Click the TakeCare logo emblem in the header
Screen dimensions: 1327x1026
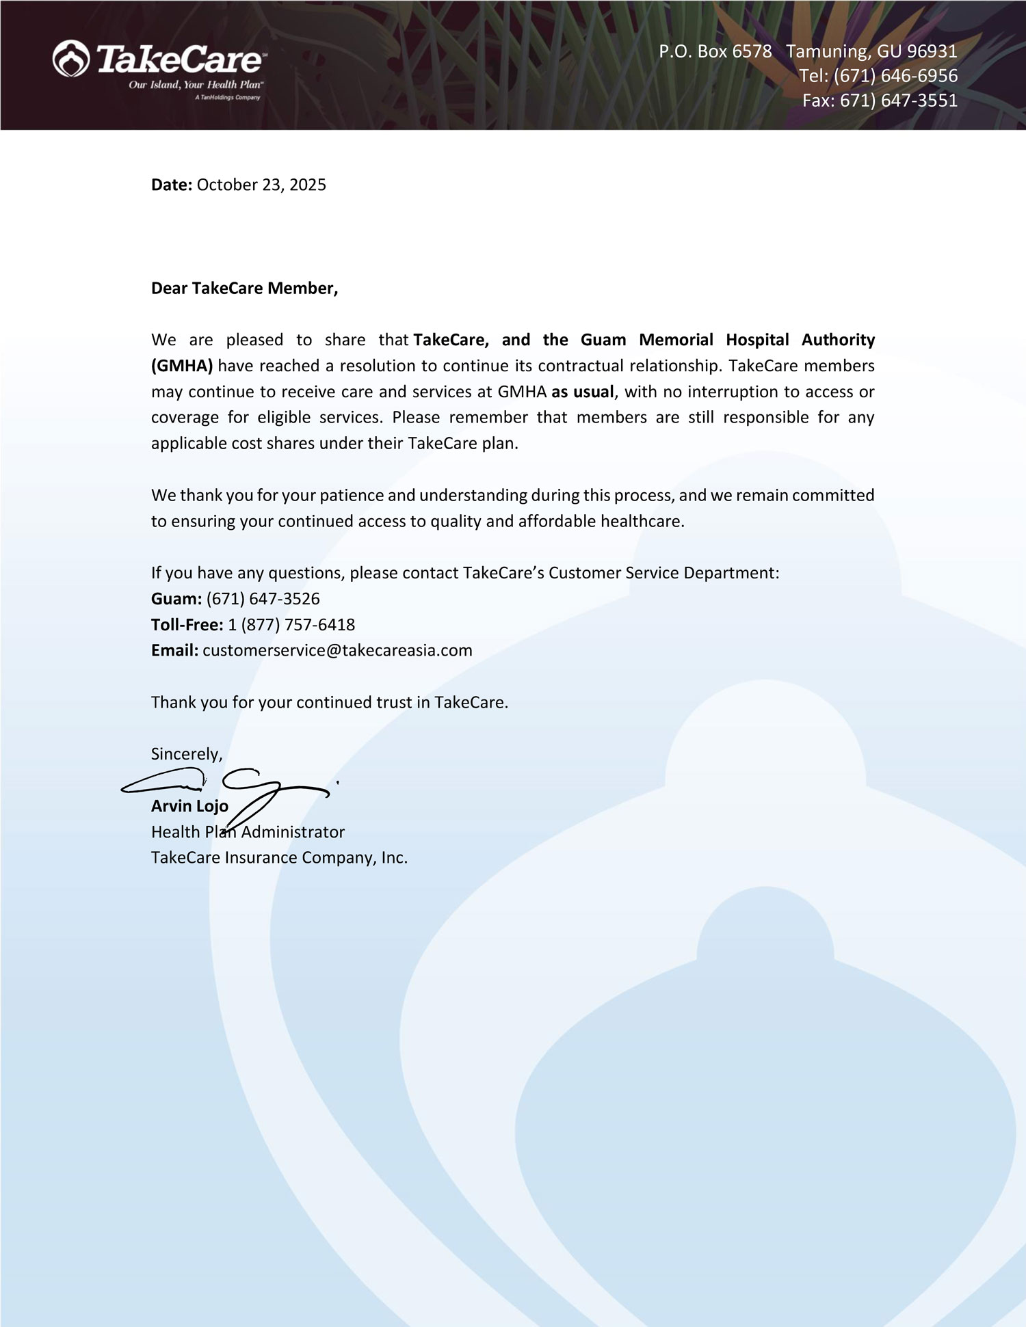(71, 58)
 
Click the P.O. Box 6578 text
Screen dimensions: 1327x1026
(715, 51)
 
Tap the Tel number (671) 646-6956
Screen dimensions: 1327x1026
(895, 76)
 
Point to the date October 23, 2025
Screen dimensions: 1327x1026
(261, 185)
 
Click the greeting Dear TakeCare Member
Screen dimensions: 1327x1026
(244, 288)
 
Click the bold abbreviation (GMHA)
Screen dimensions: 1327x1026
(182, 366)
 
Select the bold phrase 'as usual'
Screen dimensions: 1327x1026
(583, 392)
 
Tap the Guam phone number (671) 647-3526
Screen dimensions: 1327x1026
(263, 599)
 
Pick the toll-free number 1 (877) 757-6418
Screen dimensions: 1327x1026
(291, 625)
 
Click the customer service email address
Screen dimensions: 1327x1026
(337, 650)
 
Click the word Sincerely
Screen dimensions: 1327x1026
(186, 754)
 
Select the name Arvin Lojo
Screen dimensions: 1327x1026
(189, 806)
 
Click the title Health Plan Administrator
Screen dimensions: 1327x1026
(248, 832)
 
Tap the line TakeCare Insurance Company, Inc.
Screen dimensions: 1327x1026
(279, 857)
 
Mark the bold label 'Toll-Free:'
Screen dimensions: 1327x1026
(187, 625)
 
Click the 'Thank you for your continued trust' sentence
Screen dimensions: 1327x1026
(329, 702)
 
